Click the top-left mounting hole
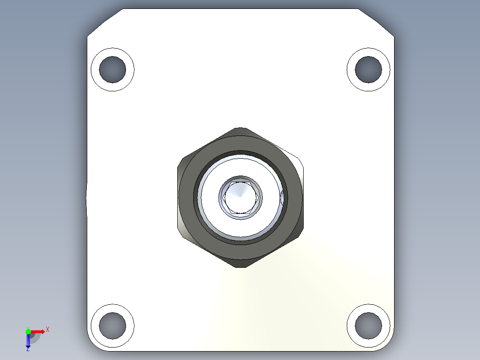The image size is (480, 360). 113,70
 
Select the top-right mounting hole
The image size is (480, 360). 369,70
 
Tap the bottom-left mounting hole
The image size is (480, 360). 113,325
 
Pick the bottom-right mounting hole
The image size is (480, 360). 369,325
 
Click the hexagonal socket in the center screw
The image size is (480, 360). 240,197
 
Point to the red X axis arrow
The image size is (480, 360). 38,331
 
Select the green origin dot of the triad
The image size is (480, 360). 28,331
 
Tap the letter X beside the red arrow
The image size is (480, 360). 47,329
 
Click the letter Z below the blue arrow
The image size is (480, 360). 28,349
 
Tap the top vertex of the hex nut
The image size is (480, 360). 240,129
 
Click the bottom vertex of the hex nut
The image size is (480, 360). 240,266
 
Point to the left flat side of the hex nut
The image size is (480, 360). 179,197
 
